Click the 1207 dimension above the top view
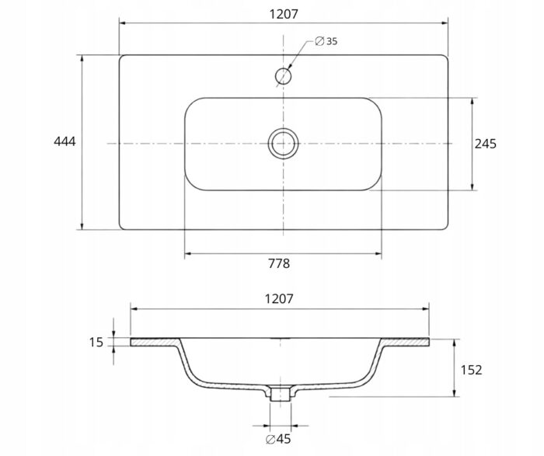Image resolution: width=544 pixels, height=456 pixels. (284, 14)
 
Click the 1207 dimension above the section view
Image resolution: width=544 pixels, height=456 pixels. (279, 298)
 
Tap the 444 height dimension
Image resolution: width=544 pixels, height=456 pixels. (65, 141)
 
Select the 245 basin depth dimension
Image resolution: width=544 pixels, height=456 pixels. (486, 144)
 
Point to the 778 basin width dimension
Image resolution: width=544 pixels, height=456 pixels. (279, 263)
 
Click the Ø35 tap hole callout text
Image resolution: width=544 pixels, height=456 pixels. (326, 41)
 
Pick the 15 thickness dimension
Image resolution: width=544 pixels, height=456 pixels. (96, 343)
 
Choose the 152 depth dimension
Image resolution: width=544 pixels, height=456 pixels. (471, 370)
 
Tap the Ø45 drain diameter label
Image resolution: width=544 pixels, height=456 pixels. (278, 439)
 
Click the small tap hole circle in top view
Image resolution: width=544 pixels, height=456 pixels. (283, 76)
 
